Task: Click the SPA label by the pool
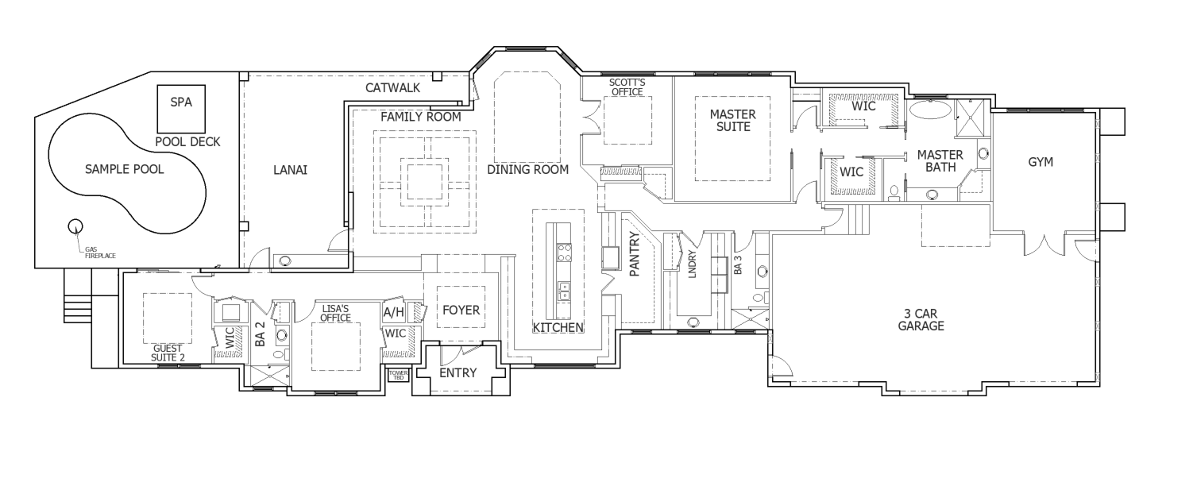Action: click(181, 102)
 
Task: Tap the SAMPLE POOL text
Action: click(125, 169)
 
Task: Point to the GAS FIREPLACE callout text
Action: click(100, 253)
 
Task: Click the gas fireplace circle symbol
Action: click(75, 226)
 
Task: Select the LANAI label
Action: click(290, 170)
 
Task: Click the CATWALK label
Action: click(392, 88)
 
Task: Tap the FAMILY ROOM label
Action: click(421, 117)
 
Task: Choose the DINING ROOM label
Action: click(528, 169)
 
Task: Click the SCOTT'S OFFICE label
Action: click(627, 87)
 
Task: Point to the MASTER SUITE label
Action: click(733, 121)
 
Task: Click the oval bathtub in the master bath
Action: click(930, 110)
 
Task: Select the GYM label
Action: click(1040, 162)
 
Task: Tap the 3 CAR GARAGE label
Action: click(921, 320)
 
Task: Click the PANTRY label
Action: click(634, 254)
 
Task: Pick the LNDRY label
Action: click(693, 264)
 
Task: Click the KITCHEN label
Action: click(558, 328)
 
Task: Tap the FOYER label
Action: click(461, 310)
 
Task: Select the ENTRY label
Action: click(458, 372)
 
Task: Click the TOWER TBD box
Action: click(399, 375)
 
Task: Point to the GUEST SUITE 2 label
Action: click(168, 353)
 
